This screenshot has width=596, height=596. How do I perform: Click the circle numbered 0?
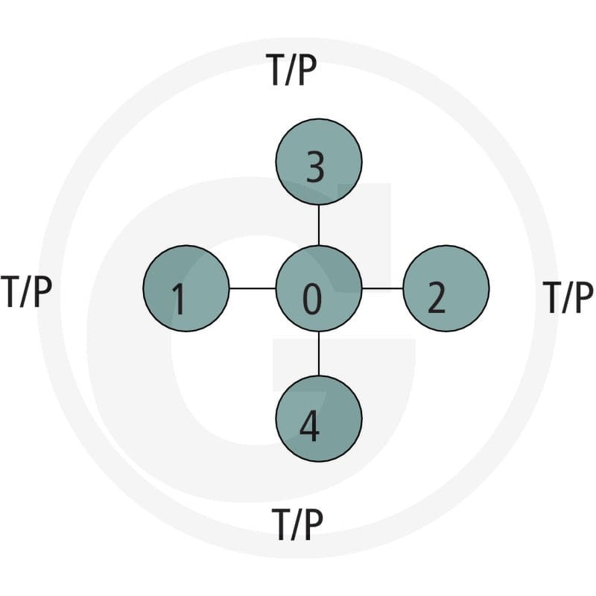[319, 288]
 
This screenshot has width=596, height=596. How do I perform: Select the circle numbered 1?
[186, 288]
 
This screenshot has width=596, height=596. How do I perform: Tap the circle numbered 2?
[446, 288]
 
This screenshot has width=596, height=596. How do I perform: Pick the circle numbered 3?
[319, 162]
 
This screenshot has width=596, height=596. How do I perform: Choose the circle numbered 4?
[319, 419]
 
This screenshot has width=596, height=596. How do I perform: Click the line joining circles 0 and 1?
[253, 288]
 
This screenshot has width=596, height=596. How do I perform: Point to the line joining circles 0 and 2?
[382, 288]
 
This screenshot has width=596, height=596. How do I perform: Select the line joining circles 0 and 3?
[319, 226]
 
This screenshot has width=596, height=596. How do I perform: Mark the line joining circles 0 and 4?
[319, 354]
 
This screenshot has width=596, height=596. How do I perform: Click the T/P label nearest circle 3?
[291, 71]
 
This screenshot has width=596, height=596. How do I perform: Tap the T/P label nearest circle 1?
[26, 292]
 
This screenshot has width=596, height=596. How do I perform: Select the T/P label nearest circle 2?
[568, 297]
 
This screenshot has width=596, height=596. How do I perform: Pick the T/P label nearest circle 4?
[297, 524]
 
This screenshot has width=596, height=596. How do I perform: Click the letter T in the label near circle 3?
[276, 70]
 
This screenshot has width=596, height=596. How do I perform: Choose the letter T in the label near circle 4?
[282, 524]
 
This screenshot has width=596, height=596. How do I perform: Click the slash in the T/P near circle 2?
[566, 297]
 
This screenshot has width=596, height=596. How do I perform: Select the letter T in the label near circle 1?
[10, 291]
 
